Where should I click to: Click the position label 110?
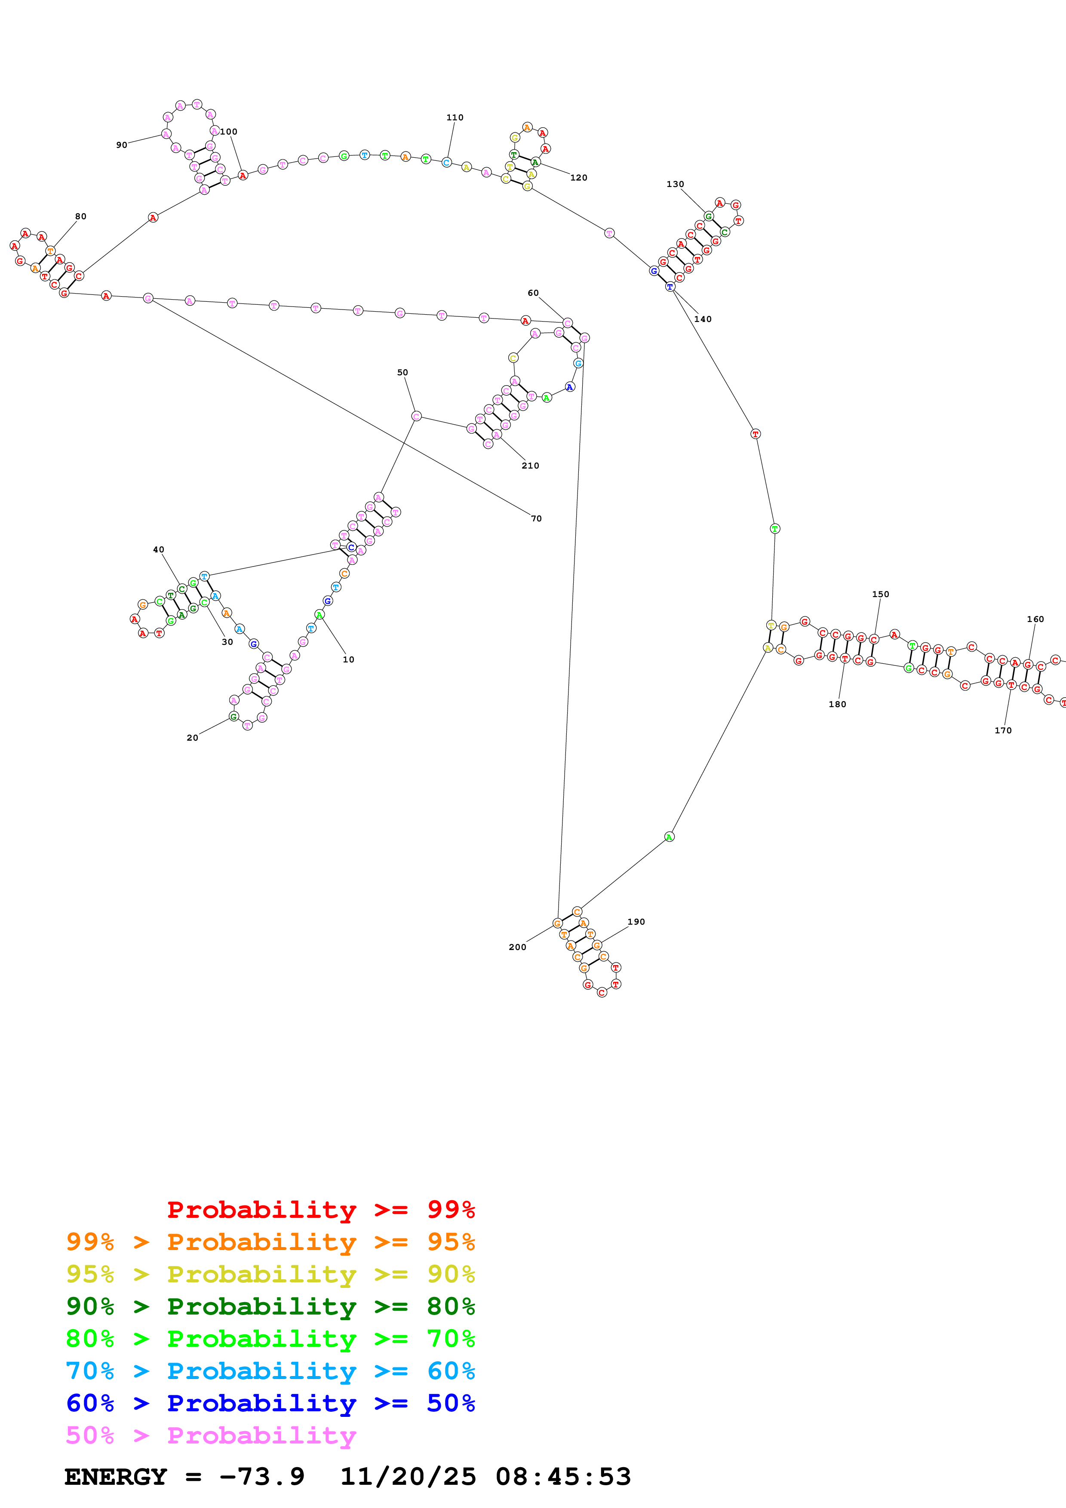point(455,117)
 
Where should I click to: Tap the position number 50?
point(402,372)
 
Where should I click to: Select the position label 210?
point(530,466)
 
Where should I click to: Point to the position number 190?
point(636,922)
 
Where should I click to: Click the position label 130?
point(675,184)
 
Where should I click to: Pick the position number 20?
point(193,738)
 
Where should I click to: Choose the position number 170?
point(1003,730)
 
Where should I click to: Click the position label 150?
point(880,595)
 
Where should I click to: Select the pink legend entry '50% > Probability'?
point(211,1435)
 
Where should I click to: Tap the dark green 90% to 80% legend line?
point(270,1306)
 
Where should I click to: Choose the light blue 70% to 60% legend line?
point(270,1371)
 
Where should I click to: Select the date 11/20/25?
point(408,1477)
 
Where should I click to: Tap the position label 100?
point(229,132)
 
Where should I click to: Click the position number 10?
point(348,659)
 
